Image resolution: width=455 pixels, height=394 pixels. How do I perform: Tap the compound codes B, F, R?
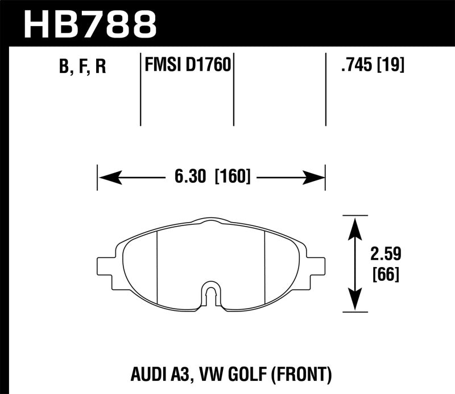82,68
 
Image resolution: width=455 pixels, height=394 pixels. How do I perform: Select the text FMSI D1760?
187,65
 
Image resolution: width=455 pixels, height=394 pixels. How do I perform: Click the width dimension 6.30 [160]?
211,177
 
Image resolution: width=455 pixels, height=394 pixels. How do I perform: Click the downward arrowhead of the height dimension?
354,301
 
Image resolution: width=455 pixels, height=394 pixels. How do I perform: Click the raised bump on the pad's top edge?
210,220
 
